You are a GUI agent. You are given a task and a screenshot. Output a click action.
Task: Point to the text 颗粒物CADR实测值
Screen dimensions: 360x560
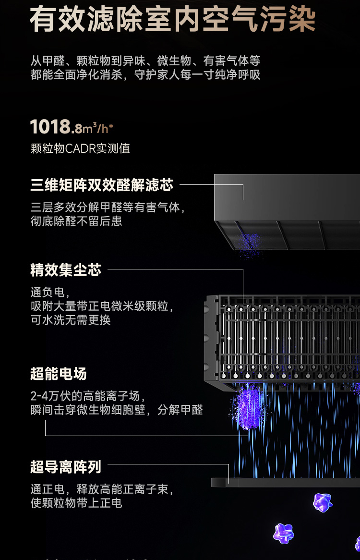coord(80,148)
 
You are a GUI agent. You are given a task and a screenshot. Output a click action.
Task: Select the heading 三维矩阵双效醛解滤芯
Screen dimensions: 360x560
coord(102,185)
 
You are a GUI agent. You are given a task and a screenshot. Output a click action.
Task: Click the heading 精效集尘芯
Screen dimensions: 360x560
coord(66,270)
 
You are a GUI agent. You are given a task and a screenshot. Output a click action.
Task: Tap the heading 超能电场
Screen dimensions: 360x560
coord(59,374)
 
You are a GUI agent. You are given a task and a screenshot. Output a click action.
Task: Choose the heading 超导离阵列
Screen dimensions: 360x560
coord(66,466)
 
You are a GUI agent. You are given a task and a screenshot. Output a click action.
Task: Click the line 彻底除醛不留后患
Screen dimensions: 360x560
coord(76,221)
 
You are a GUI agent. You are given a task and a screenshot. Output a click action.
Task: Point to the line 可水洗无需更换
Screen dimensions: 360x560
coord(71,320)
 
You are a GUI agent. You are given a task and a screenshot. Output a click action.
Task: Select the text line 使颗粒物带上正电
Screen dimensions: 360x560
coord(76,503)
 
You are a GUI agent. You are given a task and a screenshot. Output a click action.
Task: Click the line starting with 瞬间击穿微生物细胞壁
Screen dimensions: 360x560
coord(117,410)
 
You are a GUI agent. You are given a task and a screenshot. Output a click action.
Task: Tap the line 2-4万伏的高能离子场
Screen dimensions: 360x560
coord(87,396)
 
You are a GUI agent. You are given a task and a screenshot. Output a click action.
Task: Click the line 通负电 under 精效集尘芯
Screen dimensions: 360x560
coord(50,292)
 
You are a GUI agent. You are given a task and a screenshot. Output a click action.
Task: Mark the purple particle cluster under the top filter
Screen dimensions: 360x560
coord(249,244)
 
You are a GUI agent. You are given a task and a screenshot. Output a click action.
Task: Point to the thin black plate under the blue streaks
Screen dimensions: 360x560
coord(286,482)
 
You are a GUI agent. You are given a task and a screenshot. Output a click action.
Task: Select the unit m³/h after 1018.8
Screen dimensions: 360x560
coord(98,129)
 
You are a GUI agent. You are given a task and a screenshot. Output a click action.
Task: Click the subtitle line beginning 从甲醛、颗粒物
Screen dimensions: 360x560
coord(145,61)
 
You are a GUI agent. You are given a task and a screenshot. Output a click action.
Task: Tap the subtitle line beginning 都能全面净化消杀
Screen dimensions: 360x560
coord(145,75)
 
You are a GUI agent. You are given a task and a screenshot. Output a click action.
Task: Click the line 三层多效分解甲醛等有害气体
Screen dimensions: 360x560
coord(108,207)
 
